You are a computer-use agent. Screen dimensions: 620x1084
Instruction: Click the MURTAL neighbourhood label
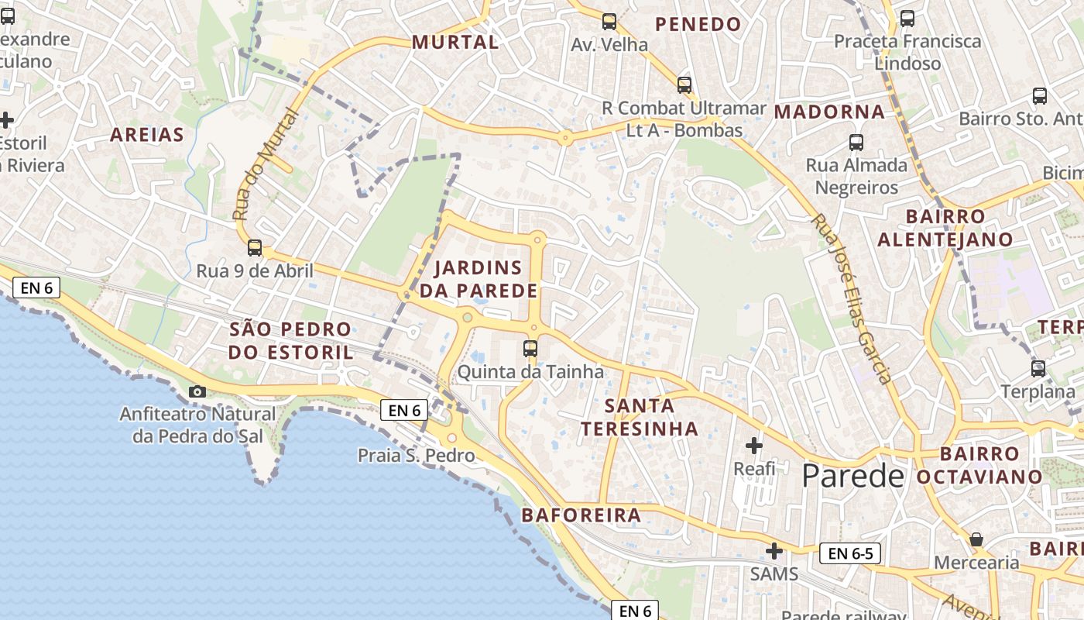[455, 43]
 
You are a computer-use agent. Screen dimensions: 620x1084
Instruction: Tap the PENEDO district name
[698, 25]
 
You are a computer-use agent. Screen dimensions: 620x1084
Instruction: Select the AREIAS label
[147, 135]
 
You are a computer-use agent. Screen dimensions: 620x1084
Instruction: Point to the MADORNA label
[829, 112]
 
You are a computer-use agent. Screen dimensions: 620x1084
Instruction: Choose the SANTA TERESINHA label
[640, 417]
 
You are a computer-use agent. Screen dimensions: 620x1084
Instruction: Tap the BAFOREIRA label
[581, 515]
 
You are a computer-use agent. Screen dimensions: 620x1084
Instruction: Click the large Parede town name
[852, 475]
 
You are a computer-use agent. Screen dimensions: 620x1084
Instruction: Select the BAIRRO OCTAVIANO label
[979, 465]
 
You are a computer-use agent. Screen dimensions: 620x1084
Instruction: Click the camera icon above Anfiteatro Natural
[197, 391]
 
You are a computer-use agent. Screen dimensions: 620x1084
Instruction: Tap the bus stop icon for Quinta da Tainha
[530, 349]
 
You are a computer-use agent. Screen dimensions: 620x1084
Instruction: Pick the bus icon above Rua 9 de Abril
[254, 248]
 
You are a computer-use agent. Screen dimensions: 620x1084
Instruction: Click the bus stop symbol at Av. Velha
[609, 22]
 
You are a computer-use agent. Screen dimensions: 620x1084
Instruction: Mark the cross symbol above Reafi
[754, 446]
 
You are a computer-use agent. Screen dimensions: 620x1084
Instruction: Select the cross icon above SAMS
[774, 551]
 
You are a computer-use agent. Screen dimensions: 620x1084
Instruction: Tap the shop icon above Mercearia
[976, 539]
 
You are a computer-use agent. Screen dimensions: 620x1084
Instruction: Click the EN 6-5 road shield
[849, 553]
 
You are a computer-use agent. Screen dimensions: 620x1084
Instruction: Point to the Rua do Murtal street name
[265, 164]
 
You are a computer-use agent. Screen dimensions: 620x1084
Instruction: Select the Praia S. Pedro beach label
[416, 456]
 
